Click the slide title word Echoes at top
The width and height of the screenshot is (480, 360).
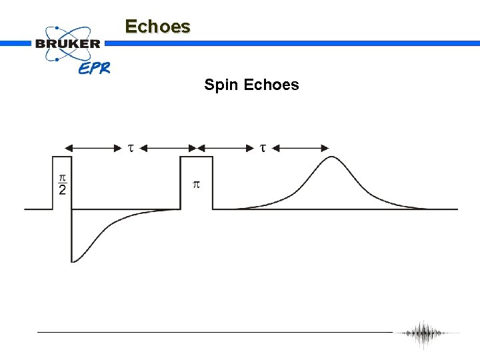click(x=157, y=27)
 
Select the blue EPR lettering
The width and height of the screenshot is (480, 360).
click(x=94, y=68)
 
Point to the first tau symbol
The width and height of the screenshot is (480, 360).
click(x=131, y=147)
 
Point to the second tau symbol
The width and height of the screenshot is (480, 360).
click(x=263, y=147)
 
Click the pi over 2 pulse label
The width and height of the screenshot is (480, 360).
click(x=62, y=185)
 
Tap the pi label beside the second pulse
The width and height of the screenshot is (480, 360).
click(x=196, y=184)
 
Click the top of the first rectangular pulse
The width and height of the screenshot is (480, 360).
click(x=62, y=157)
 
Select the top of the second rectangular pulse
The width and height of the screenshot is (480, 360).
click(x=197, y=157)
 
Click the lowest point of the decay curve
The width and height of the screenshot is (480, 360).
click(x=73, y=261)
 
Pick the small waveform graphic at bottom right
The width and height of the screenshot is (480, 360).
click(x=424, y=333)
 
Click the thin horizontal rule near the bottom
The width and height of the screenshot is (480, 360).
click(x=213, y=332)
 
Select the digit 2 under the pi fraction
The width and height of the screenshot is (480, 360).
click(x=62, y=191)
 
